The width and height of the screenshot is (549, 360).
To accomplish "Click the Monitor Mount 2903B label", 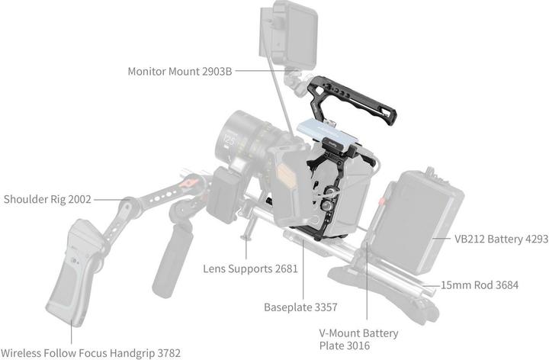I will [180, 72].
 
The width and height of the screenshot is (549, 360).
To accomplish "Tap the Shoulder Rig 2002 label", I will [47, 200].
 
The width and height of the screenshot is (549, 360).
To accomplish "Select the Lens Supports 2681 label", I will [250, 269].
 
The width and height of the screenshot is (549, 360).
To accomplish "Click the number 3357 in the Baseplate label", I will [323, 308].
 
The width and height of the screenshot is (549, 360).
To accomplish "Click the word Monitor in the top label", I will [149, 72].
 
